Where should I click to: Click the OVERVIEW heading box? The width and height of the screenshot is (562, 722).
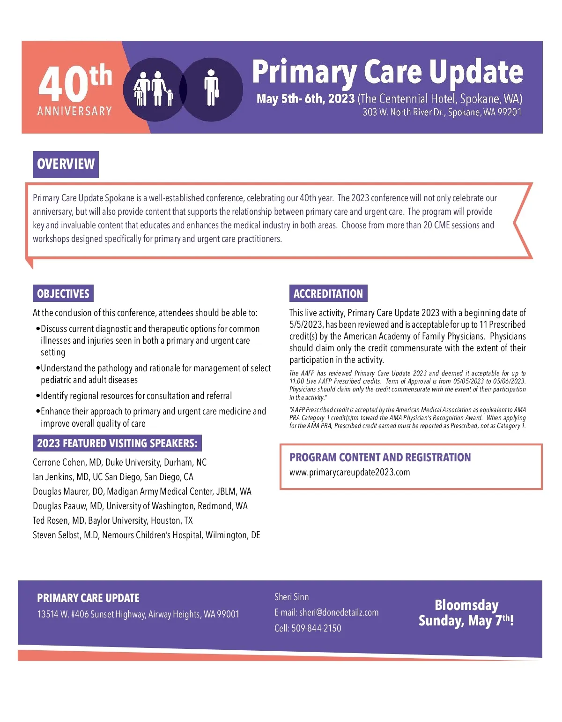[x=66, y=164]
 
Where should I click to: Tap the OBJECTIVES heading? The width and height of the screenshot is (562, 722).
[x=63, y=293]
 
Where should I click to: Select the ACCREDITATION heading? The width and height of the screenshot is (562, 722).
[x=328, y=293]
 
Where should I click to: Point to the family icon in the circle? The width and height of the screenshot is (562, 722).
[x=153, y=89]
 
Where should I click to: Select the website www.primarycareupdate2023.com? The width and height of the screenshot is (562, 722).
[x=349, y=472]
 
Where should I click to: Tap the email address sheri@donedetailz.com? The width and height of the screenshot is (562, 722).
[x=339, y=612]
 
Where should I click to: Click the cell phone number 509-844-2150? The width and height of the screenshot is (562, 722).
[x=316, y=628]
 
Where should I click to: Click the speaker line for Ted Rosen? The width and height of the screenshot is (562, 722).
[x=112, y=520]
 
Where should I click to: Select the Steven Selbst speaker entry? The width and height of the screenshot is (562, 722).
[x=146, y=535]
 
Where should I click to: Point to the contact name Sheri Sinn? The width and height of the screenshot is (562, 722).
[x=291, y=597]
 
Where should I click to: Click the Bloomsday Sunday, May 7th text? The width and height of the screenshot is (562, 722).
[x=466, y=613]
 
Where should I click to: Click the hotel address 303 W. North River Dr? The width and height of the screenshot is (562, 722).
[x=442, y=112]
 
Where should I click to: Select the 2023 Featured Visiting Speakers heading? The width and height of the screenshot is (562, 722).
[x=117, y=443]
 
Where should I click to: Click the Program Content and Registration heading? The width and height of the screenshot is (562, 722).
[x=380, y=457]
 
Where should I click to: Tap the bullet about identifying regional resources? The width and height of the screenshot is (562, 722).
[x=136, y=396]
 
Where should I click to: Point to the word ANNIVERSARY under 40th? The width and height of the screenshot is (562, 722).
[x=74, y=111]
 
